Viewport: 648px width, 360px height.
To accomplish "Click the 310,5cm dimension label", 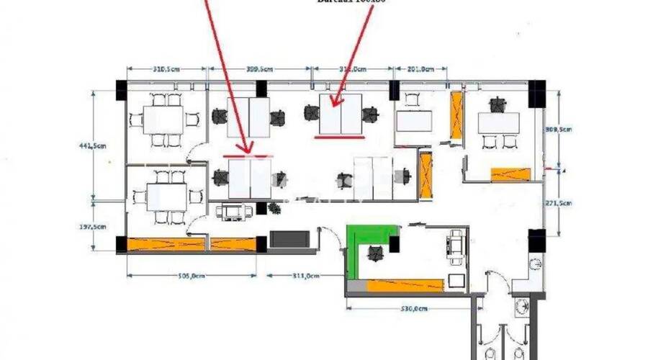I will click(x=166, y=70).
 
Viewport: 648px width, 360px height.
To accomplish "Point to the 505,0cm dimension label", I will click(x=190, y=274).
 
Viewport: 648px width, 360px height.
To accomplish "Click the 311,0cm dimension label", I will click(x=305, y=274).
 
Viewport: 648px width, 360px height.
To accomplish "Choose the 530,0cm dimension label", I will click(x=413, y=308).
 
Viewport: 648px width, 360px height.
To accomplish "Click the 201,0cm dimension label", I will click(x=420, y=70).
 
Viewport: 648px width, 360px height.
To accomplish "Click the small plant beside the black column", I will click(x=274, y=208).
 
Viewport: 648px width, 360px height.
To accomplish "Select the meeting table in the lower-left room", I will click(x=166, y=195).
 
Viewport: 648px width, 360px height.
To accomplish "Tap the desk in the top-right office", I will click(x=498, y=123).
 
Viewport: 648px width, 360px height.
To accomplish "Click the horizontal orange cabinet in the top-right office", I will click(x=510, y=174).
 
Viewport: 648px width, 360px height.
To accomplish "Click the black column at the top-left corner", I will click(x=120, y=90).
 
